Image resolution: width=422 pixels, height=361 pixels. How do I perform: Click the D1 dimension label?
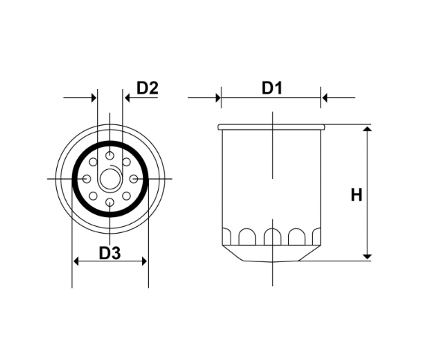(x=271, y=88)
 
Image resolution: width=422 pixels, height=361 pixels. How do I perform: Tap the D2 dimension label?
(x=147, y=88)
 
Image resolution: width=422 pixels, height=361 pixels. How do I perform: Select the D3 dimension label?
(x=110, y=252)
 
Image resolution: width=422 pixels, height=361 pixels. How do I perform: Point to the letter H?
(x=356, y=195)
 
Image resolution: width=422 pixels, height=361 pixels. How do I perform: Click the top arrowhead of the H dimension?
(x=367, y=131)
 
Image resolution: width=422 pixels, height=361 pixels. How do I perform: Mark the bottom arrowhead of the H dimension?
(x=367, y=255)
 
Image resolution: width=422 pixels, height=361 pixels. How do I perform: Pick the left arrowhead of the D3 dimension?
(x=76, y=261)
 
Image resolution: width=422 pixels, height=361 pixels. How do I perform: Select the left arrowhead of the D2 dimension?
(x=94, y=97)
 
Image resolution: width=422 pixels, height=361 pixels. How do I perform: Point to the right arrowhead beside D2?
(x=126, y=97)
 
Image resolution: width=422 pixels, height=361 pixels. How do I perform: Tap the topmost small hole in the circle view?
(x=110, y=155)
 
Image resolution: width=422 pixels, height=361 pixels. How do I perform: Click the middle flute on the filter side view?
(x=273, y=237)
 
